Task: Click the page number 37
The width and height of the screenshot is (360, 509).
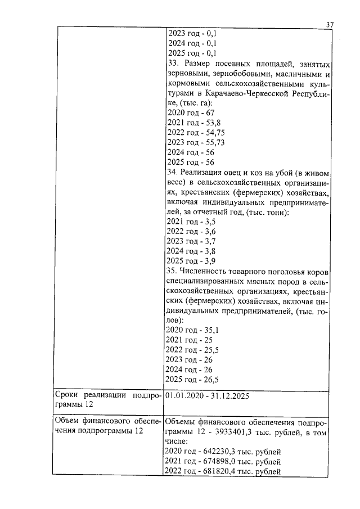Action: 330,24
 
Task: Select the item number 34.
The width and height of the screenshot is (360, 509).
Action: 172,172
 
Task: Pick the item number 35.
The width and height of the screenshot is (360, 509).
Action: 172,271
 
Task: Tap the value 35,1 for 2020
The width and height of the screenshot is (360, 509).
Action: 209,330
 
